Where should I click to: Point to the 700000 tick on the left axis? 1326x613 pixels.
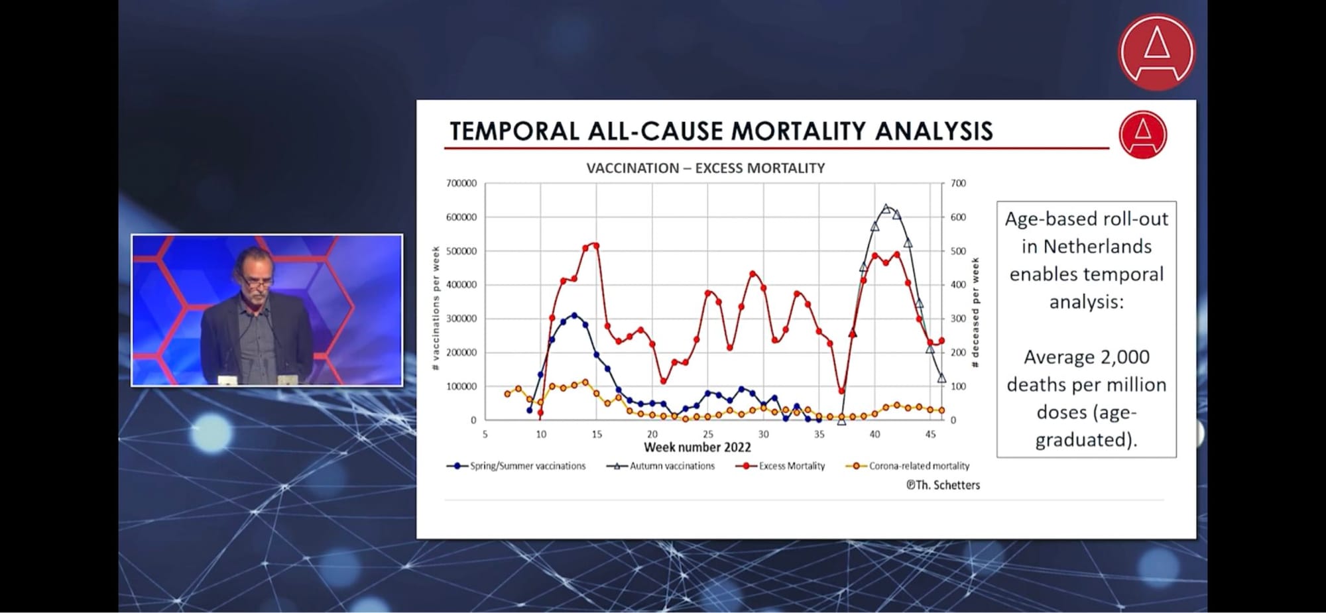(x=461, y=184)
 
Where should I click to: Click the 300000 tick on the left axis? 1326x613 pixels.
(x=461, y=319)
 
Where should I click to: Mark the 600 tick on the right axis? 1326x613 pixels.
(x=958, y=217)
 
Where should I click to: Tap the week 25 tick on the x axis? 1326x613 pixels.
(x=708, y=435)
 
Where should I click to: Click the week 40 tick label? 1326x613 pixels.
(x=874, y=435)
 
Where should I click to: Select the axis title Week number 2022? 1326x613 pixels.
(x=697, y=447)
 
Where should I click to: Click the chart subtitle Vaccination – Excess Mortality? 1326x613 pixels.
(x=705, y=168)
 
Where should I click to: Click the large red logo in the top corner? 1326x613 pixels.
(x=1156, y=52)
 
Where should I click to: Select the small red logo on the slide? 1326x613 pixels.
(x=1142, y=135)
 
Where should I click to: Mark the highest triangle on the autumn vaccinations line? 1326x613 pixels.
(x=886, y=209)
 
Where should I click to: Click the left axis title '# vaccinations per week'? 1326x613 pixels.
(x=436, y=308)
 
